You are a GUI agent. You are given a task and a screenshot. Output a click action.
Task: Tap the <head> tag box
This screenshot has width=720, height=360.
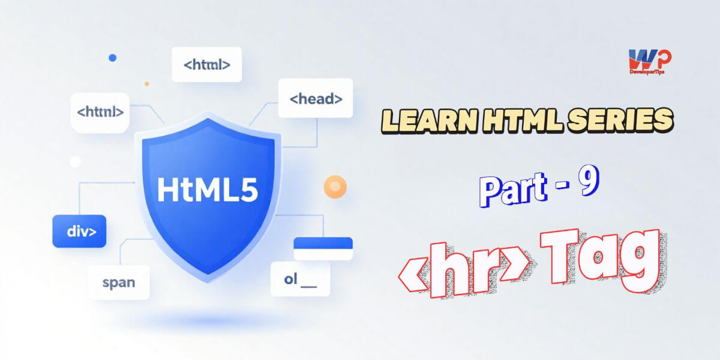coord(316,99)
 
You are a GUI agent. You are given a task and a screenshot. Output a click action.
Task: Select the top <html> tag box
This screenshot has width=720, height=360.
coord(206,64)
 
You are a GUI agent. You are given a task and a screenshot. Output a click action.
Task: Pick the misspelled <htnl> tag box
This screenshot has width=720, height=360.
coord(100,112)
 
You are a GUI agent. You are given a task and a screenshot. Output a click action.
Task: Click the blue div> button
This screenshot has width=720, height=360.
coord(79,231)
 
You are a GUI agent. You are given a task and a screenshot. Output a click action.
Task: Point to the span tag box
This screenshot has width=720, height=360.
coord(119,282)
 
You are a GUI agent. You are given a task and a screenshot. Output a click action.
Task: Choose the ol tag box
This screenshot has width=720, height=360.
coord(300,279)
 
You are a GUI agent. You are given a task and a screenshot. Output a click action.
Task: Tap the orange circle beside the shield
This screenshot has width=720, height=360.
coord(334,186)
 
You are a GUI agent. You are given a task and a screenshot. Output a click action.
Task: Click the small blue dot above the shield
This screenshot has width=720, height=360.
coord(112,58)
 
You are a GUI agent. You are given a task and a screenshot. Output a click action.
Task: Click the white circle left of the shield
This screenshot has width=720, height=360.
coord(75,162)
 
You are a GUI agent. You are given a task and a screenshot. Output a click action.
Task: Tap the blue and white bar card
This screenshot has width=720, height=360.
coord(323,248)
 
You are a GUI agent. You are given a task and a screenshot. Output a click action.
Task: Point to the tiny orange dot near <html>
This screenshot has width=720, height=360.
coord(147,84)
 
